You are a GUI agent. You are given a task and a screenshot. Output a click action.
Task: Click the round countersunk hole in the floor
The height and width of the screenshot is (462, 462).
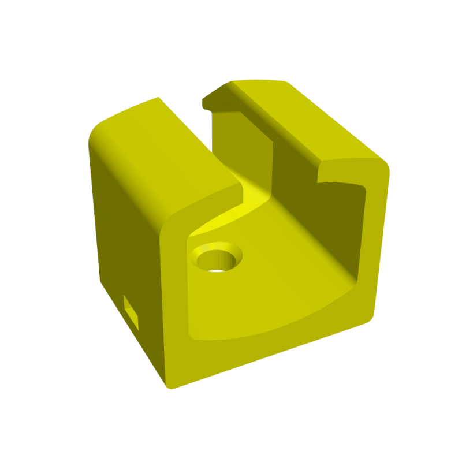click(x=218, y=258)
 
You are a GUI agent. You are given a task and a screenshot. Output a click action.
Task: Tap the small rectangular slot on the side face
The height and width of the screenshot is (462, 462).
click(x=132, y=312)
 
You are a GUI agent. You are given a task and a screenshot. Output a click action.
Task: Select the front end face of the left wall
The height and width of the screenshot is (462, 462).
click(x=173, y=289)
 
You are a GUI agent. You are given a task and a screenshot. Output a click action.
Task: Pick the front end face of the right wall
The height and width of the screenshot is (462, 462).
click(x=375, y=243)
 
